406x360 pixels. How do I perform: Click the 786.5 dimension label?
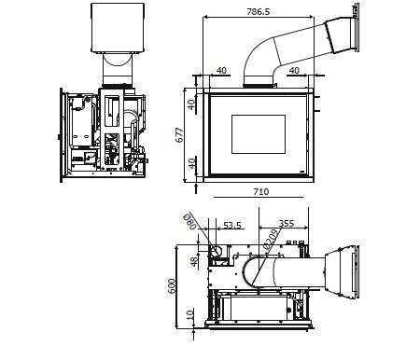pyautogui.click(x=259, y=12)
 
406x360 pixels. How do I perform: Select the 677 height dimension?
pyautogui.click(x=180, y=135)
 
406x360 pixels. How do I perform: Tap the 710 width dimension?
pyautogui.click(x=260, y=191)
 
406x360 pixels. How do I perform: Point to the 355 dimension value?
pyautogui.click(x=287, y=224)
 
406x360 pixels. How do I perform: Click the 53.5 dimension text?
pyautogui.click(x=232, y=225)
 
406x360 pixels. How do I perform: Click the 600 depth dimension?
pyautogui.click(x=172, y=286)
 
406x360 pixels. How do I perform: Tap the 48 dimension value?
pyautogui.click(x=194, y=261)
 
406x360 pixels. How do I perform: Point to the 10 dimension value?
pyautogui.click(x=190, y=314)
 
